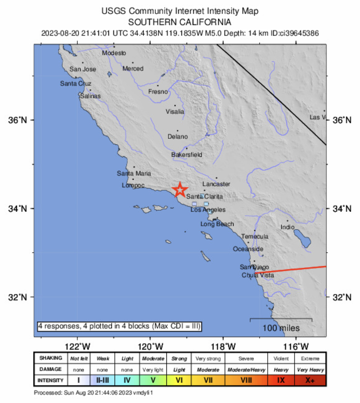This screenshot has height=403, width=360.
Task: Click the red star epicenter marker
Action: (x=180, y=190)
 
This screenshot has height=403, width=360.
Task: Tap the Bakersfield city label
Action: (x=187, y=155)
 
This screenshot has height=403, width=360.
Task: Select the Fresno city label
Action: (x=158, y=92)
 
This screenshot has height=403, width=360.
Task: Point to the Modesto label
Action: (x=114, y=53)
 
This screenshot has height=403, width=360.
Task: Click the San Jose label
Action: (x=82, y=69)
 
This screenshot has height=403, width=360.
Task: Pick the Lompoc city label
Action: (x=133, y=186)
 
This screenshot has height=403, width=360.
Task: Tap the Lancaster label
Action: (x=216, y=184)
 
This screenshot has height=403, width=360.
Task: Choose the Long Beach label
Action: (x=217, y=224)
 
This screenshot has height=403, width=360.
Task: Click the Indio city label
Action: (x=288, y=227)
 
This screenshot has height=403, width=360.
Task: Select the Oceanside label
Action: (x=248, y=249)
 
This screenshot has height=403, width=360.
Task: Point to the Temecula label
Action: (x=255, y=236)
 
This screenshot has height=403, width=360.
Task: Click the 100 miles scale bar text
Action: (x=281, y=328)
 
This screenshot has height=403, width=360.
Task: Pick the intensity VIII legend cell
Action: (x=247, y=381)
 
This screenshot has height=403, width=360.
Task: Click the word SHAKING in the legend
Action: (x=51, y=358)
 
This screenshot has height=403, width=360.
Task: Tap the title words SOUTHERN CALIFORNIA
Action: (x=180, y=22)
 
